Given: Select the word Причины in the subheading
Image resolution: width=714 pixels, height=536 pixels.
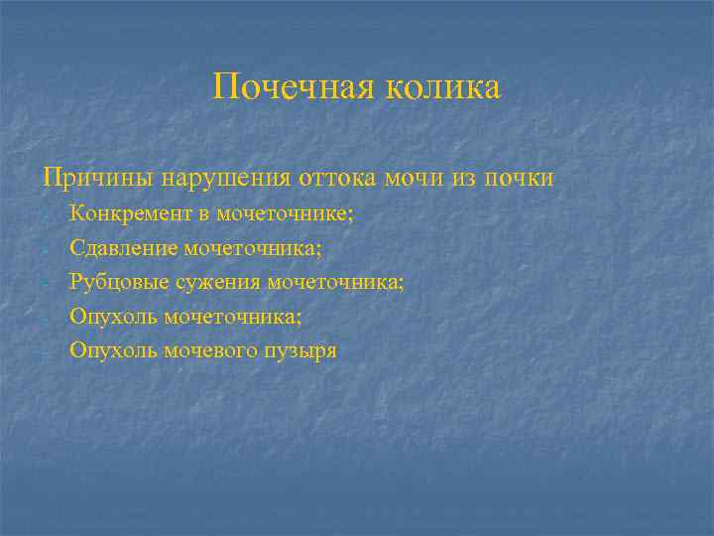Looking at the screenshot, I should click(x=86, y=179).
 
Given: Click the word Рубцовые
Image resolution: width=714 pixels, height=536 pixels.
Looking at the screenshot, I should click(x=109, y=282).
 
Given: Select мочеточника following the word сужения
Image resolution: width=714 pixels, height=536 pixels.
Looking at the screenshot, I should click(x=341, y=282).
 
